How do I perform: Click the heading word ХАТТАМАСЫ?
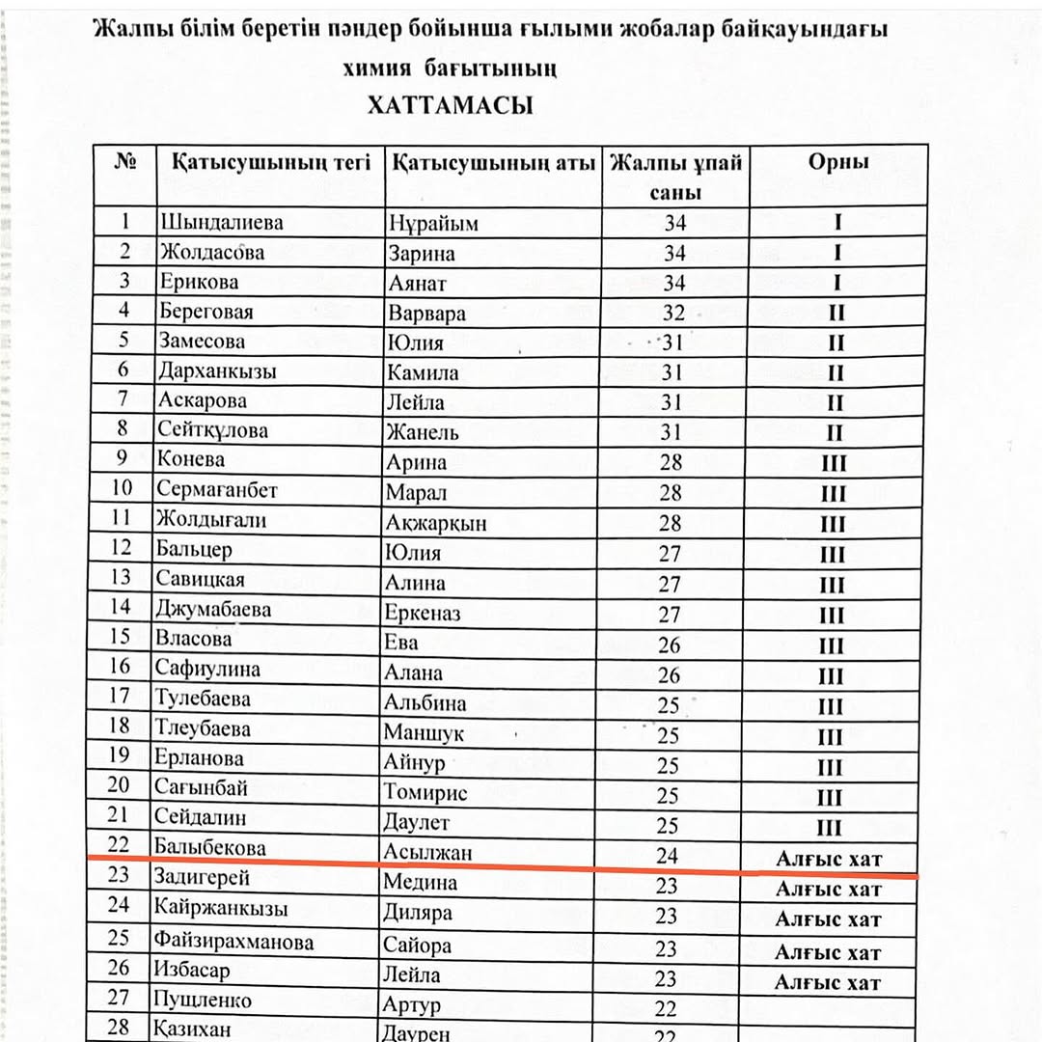[x=450, y=105]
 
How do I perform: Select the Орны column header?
[x=838, y=162]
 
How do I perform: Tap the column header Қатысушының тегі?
[x=271, y=162]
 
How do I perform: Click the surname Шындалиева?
[x=222, y=222]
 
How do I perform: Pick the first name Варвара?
[x=426, y=313]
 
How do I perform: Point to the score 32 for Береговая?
[x=674, y=313]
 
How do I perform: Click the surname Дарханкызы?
[x=216, y=371]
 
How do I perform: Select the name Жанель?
[x=423, y=431]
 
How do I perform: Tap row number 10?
[x=122, y=490]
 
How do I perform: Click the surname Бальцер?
[x=194, y=550]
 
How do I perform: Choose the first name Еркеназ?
[x=423, y=613]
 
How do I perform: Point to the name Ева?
[x=401, y=643]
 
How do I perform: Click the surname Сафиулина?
[x=207, y=668]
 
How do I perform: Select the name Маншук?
[x=424, y=733]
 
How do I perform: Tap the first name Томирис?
[x=425, y=793]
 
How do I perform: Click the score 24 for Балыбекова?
[x=667, y=855]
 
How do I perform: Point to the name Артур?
[x=412, y=1004]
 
